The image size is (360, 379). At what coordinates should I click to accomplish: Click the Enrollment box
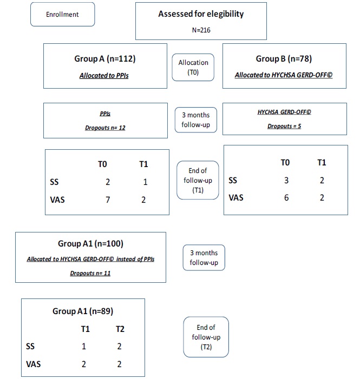point(62,15)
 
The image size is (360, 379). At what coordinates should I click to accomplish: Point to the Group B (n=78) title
point(283,58)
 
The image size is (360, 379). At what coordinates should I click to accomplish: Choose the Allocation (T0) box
point(193,67)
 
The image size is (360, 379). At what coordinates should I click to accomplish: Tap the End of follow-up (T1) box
point(197,180)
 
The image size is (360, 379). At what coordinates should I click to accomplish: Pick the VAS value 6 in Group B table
point(286,198)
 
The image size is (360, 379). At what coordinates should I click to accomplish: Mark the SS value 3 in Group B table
point(286,180)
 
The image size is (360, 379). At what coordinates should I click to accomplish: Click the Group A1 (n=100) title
point(90,243)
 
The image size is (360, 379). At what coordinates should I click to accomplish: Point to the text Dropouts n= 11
point(90,273)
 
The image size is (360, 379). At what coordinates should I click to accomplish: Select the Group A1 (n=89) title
point(82,311)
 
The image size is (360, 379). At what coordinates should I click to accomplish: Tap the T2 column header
point(120,328)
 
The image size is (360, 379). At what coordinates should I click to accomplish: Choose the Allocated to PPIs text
point(106,76)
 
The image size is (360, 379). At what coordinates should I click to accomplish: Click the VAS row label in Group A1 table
point(34,364)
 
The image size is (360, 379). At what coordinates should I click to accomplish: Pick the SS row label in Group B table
point(233,180)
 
